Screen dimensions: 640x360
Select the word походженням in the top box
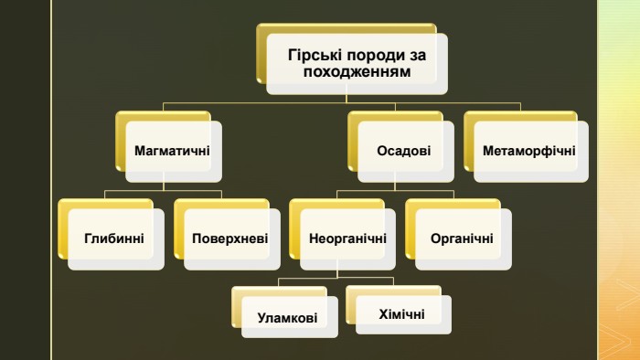point(357,72)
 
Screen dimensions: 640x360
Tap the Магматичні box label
point(172,151)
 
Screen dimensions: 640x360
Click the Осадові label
point(404,151)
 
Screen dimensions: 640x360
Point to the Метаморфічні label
point(529,151)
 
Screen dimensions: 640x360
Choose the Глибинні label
point(114,238)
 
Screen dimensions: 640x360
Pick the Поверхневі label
point(229,238)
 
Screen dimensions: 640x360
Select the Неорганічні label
point(347,238)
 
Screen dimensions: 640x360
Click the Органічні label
point(462,238)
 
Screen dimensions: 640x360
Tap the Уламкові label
point(287,318)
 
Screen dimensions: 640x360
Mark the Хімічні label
point(401,314)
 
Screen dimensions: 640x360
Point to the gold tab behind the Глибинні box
point(63,228)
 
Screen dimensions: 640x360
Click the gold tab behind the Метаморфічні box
point(469,141)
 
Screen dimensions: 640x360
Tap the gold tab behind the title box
point(261,53)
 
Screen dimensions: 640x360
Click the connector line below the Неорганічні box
point(337,272)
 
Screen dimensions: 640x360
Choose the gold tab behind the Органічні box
point(411,228)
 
